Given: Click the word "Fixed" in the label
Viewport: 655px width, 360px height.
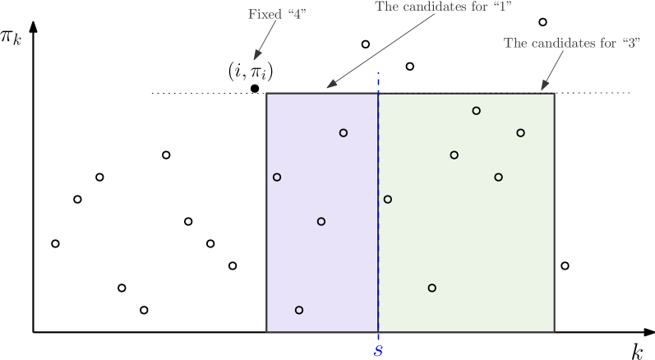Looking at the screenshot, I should point(262,15).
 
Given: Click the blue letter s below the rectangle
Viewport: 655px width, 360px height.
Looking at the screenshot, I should point(378,351).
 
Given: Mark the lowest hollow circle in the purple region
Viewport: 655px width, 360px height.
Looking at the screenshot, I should point(299,310).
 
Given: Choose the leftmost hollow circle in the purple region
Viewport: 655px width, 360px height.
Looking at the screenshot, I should point(277,177).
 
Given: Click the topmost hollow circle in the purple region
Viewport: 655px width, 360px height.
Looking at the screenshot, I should point(344,132).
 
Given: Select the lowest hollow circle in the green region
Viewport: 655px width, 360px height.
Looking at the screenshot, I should point(432,288).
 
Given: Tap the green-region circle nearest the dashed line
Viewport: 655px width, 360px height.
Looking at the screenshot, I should point(388,199).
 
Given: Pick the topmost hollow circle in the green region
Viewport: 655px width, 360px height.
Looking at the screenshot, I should point(477,110).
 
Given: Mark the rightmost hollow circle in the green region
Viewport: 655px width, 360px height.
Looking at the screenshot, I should point(521,132).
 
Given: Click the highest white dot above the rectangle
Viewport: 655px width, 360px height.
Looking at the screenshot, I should point(542,21).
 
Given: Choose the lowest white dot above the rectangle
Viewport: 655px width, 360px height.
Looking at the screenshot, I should point(410,66).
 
